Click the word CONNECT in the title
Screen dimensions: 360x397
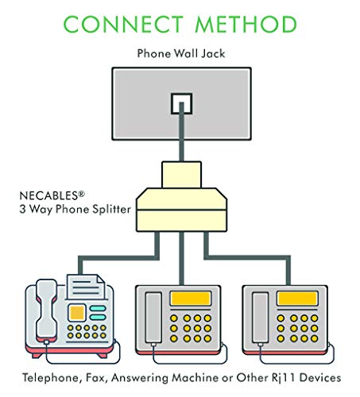tap(123, 24)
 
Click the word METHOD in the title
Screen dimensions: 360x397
tap(246, 24)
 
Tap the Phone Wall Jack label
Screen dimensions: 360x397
tap(181, 53)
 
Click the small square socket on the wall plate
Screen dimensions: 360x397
tap(181, 103)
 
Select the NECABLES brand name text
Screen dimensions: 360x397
tap(52, 195)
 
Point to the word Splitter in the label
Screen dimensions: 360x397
tap(111, 209)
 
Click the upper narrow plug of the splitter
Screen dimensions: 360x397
tap(181, 175)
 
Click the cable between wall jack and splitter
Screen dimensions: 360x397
tap(181, 132)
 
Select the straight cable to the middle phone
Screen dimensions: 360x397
tap(181, 258)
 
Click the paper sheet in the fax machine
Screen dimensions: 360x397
tap(86, 287)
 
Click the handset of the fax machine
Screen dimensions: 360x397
tap(47, 310)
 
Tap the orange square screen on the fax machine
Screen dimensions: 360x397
tap(77, 313)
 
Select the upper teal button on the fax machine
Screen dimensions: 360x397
tap(98, 308)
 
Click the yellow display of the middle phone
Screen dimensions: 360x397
tap(191, 299)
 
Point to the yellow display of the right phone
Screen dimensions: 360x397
tap(297, 299)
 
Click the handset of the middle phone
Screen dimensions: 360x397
tap(153, 318)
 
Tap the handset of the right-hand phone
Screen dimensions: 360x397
tap(261, 318)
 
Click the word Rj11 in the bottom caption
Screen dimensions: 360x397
tap(283, 378)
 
